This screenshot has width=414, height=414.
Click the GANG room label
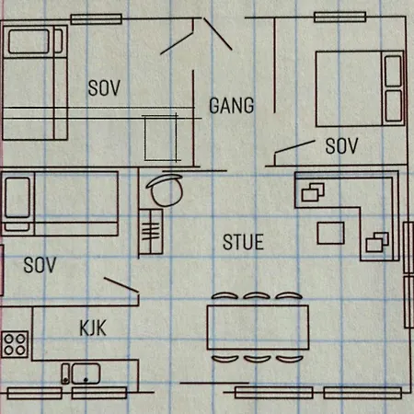pyautogui.click(x=232, y=106)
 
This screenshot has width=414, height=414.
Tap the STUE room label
pyautogui.click(x=243, y=242)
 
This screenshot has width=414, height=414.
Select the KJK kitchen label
pyautogui.click(x=93, y=328)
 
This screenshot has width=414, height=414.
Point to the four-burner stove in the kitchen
pyautogui.click(x=15, y=344)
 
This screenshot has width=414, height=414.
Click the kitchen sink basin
pyautogui.click(x=86, y=374)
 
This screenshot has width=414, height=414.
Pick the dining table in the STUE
pyautogui.click(x=258, y=327)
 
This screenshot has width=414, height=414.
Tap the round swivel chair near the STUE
pyautogui.click(x=166, y=190)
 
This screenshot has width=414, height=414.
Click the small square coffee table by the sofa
pyautogui.click(x=330, y=234)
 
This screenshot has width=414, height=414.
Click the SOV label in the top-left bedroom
pyautogui.click(x=104, y=88)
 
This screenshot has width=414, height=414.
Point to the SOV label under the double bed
pyautogui.click(x=341, y=145)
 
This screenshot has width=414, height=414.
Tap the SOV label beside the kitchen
pyautogui.click(x=40, y=265)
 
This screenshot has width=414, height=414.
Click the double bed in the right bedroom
pyautogui.click(x=360, y=89)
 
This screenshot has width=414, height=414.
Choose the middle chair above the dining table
pyautogui.click(x=257, y=295)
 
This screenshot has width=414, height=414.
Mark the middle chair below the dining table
pyautogui.click(x=258, y=359)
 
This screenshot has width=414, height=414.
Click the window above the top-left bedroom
pyautogui.click(x=97, y=19)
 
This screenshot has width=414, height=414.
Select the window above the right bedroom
pyautogui.click(x=340, y=17)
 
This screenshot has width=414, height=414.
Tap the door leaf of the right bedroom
pyautogui.click(x=294, y=146)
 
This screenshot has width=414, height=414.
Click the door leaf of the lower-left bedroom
pyautogui.click(x=121, y=285)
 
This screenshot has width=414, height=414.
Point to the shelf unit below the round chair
pyautogui.click(x=151, y=232)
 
